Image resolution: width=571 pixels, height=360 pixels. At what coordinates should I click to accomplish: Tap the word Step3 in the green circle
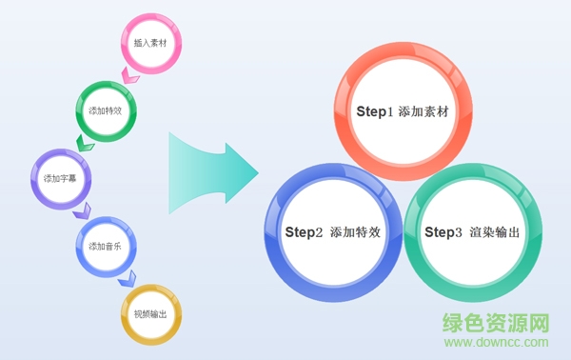point(443,232)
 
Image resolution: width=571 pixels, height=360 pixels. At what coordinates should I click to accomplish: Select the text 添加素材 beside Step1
point(424,112)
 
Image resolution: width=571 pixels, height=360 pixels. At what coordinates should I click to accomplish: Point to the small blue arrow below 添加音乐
point(126,277)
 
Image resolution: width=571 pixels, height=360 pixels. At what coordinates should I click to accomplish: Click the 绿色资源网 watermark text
point(497,324)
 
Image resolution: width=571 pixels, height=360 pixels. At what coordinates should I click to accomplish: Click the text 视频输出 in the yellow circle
point(150,315)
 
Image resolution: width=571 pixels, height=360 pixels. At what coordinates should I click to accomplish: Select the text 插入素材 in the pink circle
point(150,43)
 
